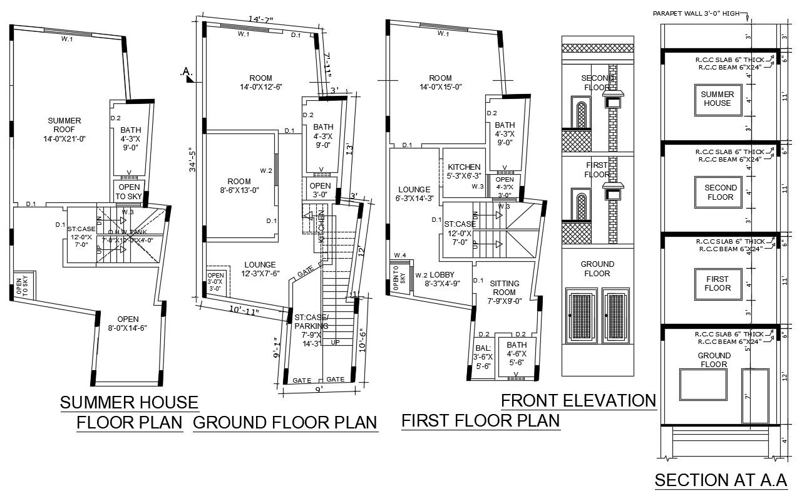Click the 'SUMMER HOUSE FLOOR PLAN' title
click(x=129, y=412)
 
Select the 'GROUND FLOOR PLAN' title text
click(x=285, y=423)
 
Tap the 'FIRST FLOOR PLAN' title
click(x=480, y=421)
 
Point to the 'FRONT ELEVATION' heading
click(x=578, y=400)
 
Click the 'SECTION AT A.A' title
click(x=720, y=480)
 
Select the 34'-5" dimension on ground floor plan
click(x=193, y=159)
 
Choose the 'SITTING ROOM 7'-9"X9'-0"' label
click(x=504, y=292)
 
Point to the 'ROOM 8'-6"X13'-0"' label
click(x=239, y=186)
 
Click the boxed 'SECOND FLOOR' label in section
click(x=721, y=192)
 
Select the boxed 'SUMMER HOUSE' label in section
click(x=716, y=99)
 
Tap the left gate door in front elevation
click(x=582, y=316)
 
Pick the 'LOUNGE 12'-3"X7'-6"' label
click(x=260, y=269)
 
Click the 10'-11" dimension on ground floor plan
click(x=244, y=309)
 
